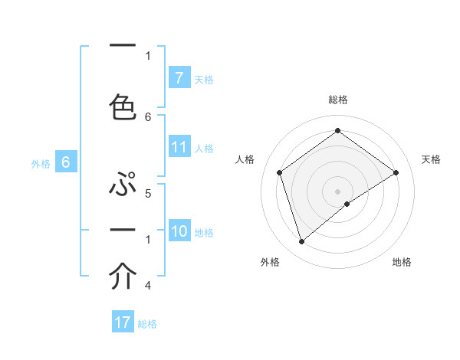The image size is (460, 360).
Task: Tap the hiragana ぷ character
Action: (x=123, y=185)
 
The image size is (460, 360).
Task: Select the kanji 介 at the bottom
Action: (x=123, y=277)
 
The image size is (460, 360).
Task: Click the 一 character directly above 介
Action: (x=123, y=231)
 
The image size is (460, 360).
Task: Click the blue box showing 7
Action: (x=179, y=77)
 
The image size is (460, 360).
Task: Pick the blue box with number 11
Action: (x=179, y=148)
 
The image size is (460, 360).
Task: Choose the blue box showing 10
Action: (x=179, y=231)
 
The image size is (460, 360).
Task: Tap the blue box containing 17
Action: (x=123, y=322)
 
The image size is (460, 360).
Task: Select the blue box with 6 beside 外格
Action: (x=66, y=162)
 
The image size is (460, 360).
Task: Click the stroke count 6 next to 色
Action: (x=148, y=116)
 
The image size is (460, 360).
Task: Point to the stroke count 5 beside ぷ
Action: (x=148, y=194)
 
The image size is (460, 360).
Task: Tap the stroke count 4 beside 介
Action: (x=148, y=286)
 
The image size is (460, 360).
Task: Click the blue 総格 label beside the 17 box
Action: (x=147, y=324)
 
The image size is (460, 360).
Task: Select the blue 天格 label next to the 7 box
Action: (x=204, y=79)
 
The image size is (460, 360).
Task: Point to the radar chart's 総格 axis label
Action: (x=337, y=100)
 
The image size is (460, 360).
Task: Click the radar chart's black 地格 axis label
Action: (x=402, y=262)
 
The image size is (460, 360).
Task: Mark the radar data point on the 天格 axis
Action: (x=396, y=172)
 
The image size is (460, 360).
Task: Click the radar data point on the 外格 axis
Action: (x=301, y=242)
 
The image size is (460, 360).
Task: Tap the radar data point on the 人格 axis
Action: (x=279, y=172)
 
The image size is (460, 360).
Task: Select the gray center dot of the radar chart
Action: (x=337, y=191)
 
